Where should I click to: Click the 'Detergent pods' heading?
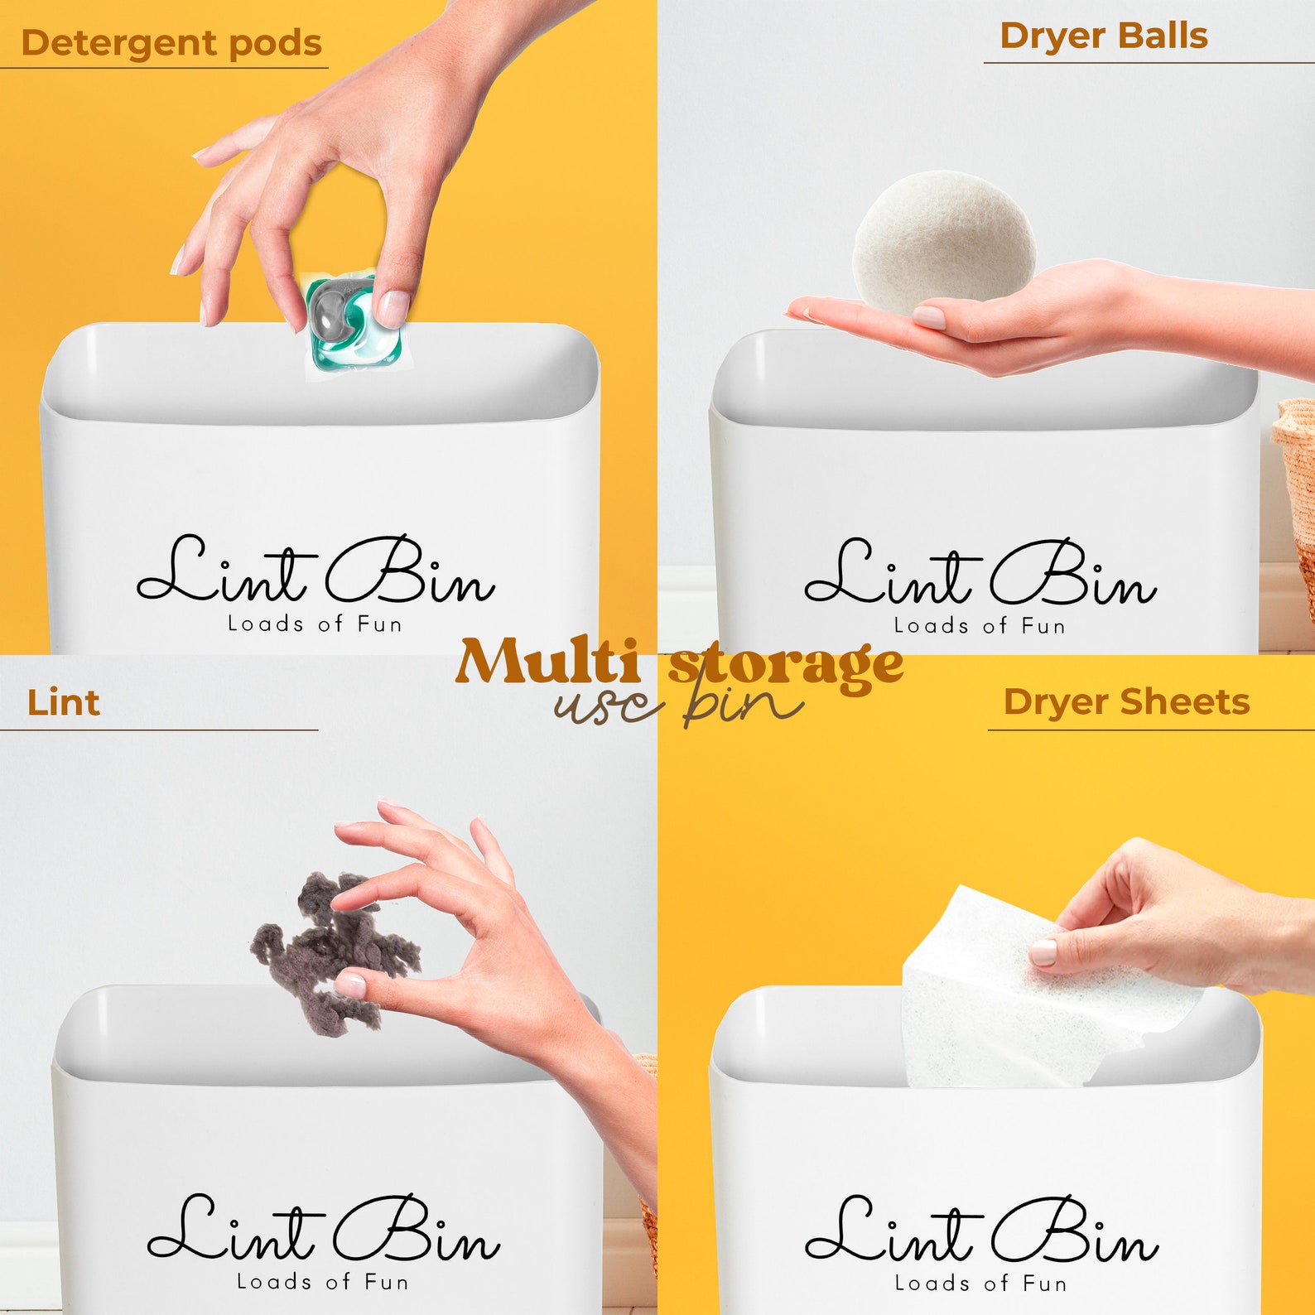171,43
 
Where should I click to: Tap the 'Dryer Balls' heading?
1103,36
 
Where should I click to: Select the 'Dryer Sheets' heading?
1125,702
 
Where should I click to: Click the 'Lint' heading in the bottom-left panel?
64,703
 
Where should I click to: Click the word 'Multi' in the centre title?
547,662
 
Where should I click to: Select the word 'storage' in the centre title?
787,664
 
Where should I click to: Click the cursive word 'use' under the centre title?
609,706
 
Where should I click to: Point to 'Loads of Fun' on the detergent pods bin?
315,624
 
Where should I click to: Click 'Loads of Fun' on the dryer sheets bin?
980,1284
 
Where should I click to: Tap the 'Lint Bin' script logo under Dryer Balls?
980,574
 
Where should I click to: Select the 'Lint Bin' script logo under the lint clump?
323,1230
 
